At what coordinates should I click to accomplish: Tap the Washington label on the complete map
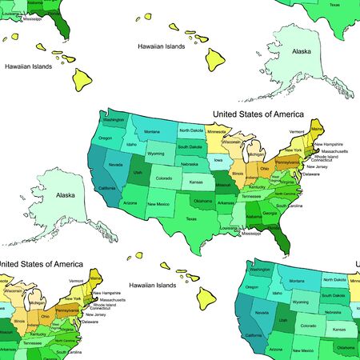tap(114, 121)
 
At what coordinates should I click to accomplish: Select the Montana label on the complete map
tap(153, 131)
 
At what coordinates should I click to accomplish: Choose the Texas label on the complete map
tap(190, 218)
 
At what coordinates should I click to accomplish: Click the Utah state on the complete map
tap(138, 172)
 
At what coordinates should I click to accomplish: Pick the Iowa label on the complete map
tap(218, 160)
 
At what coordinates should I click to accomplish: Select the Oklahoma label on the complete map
tap(202, 201)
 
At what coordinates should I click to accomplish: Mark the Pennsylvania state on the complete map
tap(285, 162)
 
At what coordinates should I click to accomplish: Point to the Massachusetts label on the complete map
tap(334, 150)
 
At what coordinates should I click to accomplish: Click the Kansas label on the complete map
tap(196, 183)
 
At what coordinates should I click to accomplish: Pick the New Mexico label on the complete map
tap(157, 204)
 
